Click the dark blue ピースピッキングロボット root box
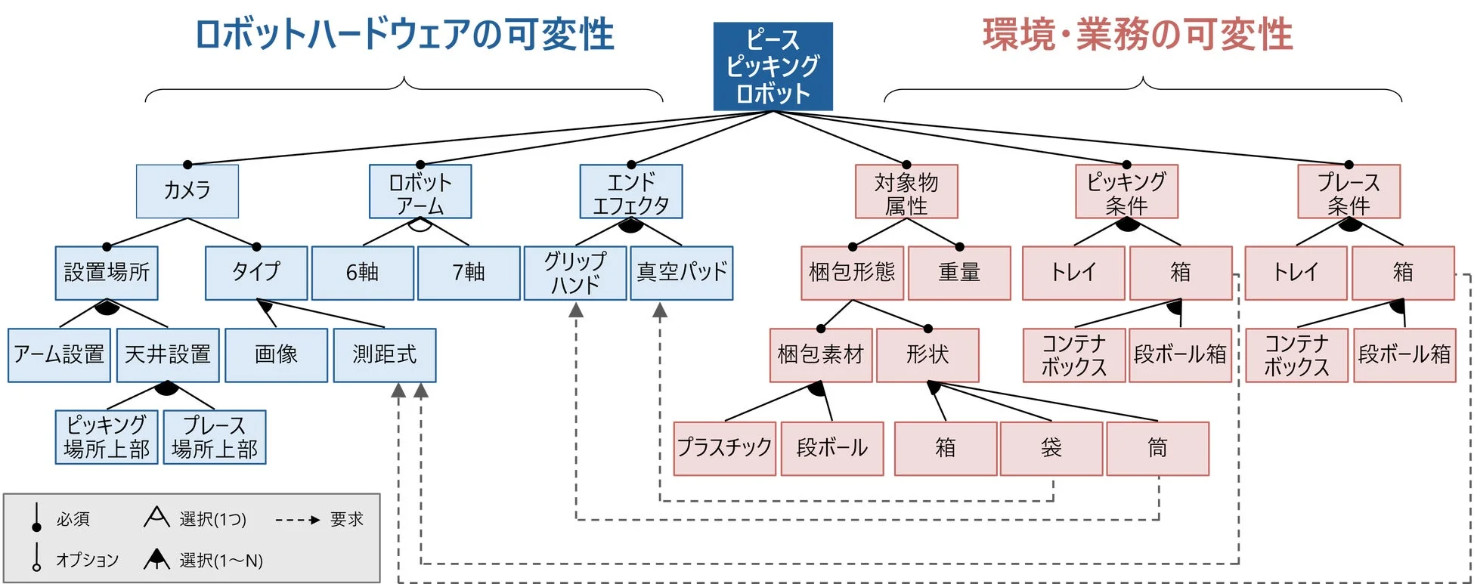tap(773, 66)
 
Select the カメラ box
tap(187, 191)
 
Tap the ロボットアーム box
tap(420, 193)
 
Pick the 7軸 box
tap(469, 273)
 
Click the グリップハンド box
tap(575, 273)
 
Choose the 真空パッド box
tap(682, 273)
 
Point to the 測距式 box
tap(384, 354)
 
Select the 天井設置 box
tap(168, 354)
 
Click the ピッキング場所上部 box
tap(107, 437)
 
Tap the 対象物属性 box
tap(906, 193)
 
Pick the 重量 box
tap(959, 273)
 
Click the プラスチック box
tap(724, 448)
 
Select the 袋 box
tap(1051, 448)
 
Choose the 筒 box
tap(1157, 448)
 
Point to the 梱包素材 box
tap(821, 354)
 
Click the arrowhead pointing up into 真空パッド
tap(660, 310)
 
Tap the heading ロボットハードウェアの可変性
tap(404, 35)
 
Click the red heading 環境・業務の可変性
tap(1137, 35)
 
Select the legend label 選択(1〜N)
tap(221, 561)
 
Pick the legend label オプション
tap(87, 560)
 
